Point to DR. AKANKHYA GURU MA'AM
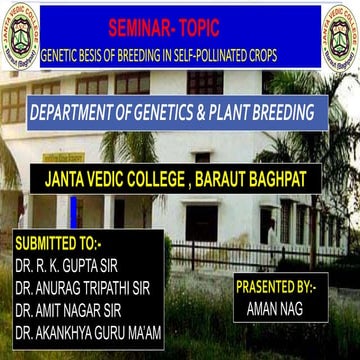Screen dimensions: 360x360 pos(88,333)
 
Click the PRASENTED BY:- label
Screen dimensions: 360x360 pos(275,287)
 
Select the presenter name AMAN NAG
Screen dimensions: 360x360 pos(273,309)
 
